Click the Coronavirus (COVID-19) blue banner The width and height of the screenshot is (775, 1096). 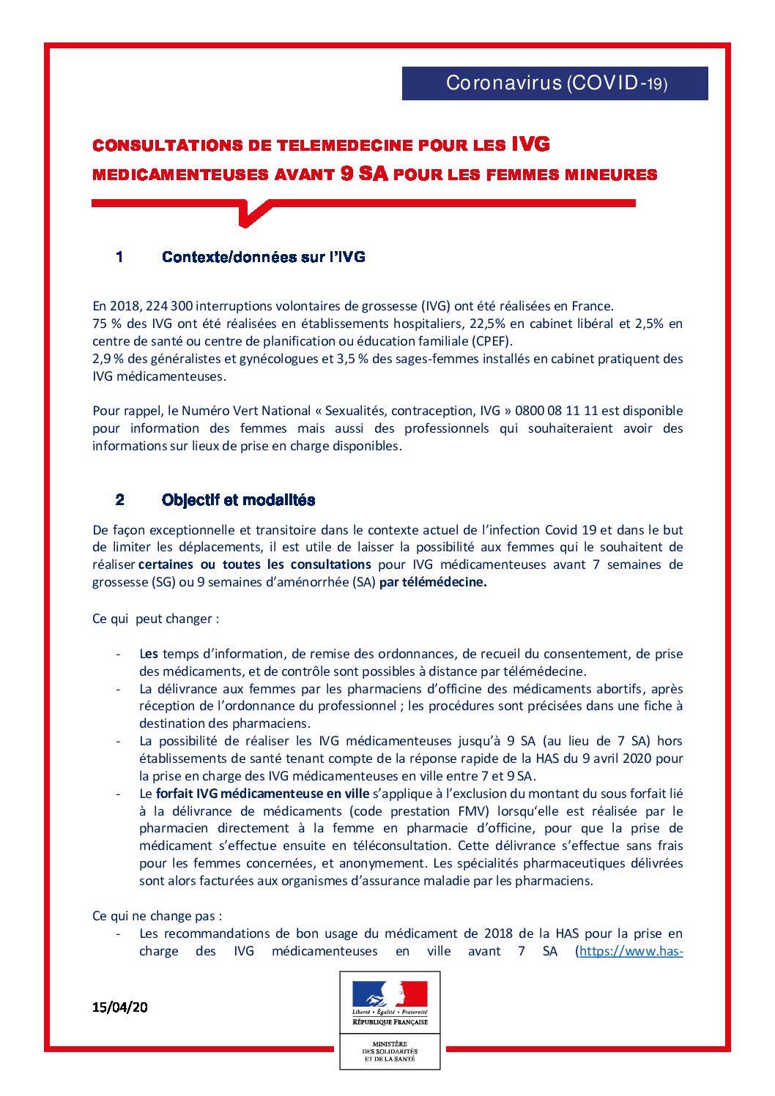pos(555,83)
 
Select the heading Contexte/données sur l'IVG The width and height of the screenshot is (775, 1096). pos(263,257)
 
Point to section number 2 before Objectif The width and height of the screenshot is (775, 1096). pos(119,500)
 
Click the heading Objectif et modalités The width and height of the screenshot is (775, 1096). pos(238,500)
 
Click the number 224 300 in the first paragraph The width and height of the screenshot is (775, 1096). pos(169,306)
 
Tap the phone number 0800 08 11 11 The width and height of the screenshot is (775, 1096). pos(556,411)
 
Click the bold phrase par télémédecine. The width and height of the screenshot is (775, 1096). pos(433,583)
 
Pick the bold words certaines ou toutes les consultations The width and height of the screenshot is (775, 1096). pos(254,564)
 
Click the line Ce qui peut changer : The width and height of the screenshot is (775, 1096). pos(155,619)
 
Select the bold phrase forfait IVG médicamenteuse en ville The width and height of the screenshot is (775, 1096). pos(262,794)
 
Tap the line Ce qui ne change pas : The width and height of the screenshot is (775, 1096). pos(157,916)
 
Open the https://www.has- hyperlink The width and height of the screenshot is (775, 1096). pos(631,951)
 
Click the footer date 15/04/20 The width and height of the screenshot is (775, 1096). pos(119,1007)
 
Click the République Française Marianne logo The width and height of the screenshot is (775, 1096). pos(390,1001)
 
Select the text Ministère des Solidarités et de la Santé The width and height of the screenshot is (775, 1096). pos(390,1051)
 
